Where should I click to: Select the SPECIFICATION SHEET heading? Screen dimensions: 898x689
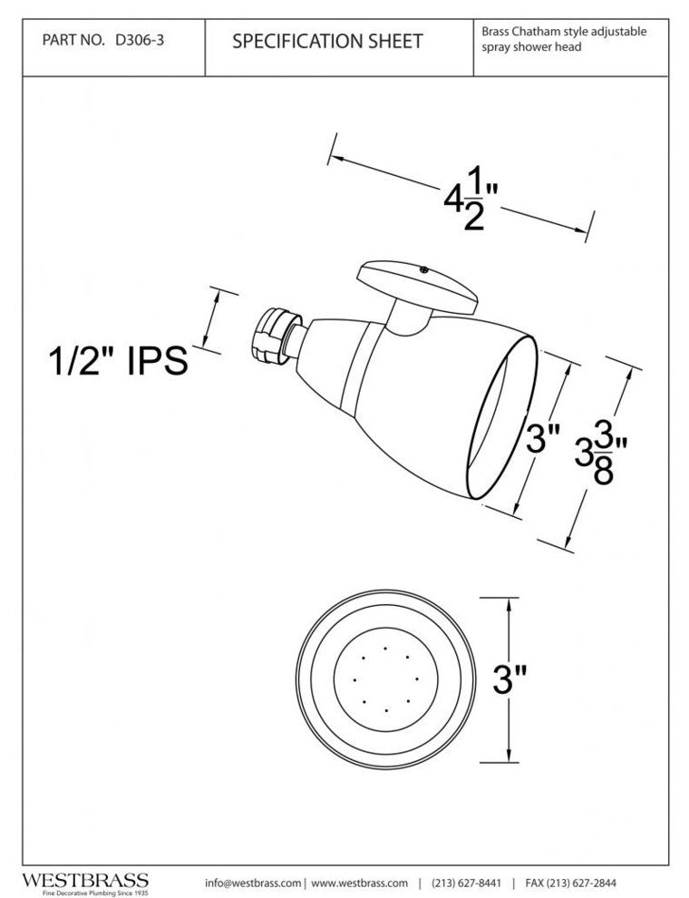click(327, 42)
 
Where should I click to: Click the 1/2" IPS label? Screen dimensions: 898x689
click(117, 361)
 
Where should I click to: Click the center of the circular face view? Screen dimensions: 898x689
click(386, 679)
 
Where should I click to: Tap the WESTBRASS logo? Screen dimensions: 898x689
click(85, 879)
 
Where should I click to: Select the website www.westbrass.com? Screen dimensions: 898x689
click(358, 883)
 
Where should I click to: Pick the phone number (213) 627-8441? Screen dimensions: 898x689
click(467, 883)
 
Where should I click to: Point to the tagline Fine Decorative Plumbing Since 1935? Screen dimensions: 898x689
click(85, 892)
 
